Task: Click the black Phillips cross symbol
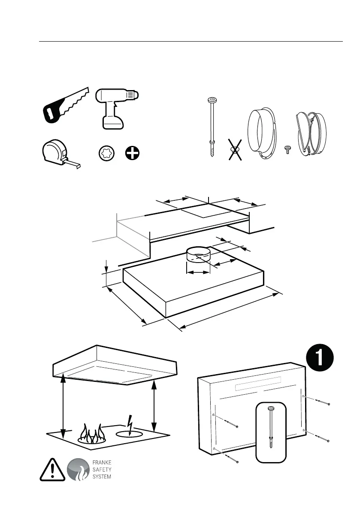[133, 153]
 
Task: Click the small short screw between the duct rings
[288, 150]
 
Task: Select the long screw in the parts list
[212, 127]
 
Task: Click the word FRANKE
[102, 463]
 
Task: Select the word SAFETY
[102, 470]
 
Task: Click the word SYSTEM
[102, 477]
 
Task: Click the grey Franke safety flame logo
[78, 470]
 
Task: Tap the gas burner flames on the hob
[92, 433]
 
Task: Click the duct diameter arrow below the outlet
[198, 272]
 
